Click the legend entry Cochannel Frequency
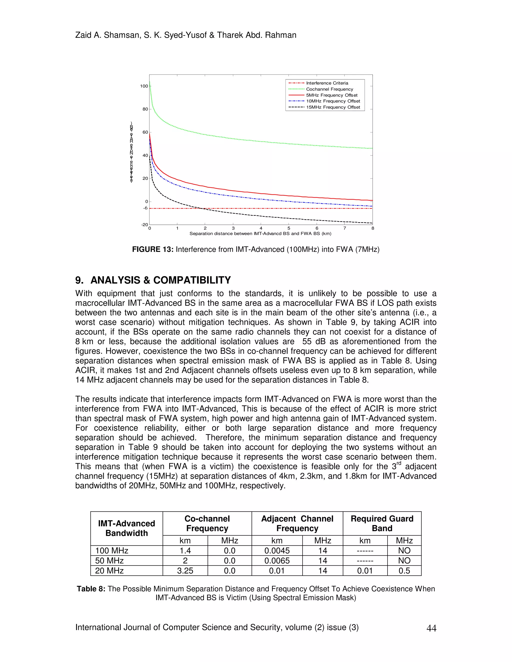click(329, 89)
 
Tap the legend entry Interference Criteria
click(327, 83)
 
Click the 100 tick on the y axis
click(144, 86)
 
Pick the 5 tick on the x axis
click(289, 228)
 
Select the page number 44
click(431, 628)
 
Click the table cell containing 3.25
click(185, 571)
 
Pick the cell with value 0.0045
click(277, 551)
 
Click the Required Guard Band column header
click(382, 523)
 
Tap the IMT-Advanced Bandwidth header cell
click(126, 528)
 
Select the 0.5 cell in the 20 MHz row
click(404, 571)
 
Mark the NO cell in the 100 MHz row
click(404, 551)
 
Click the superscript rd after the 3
click(399, 463)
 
